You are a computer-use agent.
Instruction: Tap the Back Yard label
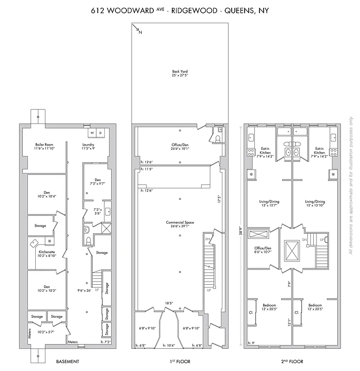coord(180,74)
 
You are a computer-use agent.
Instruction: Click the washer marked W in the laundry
coord(93,133)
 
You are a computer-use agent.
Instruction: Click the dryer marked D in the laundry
coord(100,133)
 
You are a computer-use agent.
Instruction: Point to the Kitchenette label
coord(47,253)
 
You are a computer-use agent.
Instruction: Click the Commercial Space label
coord(180,224)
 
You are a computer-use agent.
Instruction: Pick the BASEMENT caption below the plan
coord(67,361)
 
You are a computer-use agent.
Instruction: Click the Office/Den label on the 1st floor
coord(180,147)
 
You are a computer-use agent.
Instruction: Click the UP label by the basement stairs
coord(96,290)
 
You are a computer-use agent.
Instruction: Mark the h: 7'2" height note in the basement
coord(106,342)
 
